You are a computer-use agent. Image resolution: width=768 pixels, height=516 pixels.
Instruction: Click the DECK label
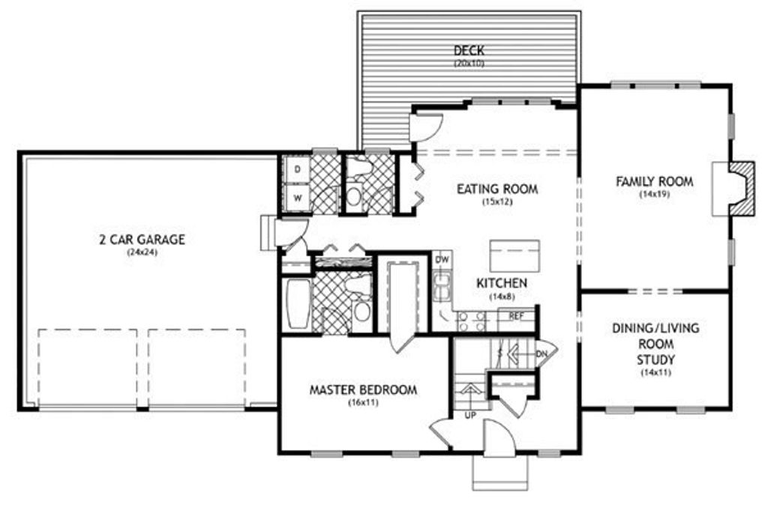coord(469,50)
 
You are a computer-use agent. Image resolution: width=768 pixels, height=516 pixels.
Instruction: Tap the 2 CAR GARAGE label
coord(142,240)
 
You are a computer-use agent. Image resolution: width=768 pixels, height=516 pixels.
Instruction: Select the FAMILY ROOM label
coord(654,181)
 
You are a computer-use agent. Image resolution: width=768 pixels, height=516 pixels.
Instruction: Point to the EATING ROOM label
coord(497,189)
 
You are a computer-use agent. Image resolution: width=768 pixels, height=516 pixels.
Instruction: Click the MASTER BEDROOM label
coord(364,390)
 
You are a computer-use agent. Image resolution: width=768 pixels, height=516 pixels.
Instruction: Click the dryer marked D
coord(297,170)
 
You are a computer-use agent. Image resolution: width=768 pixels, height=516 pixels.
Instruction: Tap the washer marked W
coord(297,198)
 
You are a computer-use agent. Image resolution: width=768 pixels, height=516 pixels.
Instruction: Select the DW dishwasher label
coord(442,260)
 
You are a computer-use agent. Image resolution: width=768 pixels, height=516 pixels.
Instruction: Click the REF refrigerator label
coord(516,316)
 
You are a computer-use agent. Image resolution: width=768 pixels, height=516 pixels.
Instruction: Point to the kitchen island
coord(514,256)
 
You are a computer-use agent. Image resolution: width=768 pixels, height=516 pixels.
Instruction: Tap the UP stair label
coord(470,415)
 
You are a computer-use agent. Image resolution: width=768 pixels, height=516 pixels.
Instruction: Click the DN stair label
coord(541,353)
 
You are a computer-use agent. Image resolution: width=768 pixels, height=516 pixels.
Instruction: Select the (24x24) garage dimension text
coord(142,252)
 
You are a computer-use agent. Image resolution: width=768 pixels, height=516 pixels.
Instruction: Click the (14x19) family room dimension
coord(654,194)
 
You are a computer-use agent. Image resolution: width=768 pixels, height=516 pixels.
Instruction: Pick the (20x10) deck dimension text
coord(469,63)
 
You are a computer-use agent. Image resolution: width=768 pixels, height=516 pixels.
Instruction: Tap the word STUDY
coord(655,360)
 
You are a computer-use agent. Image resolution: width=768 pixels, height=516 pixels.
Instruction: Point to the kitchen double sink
coord(442,286)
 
